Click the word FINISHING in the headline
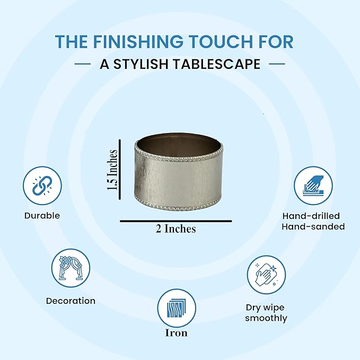(138, 41)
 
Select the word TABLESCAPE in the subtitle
(217, 64)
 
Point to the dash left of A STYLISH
(83, 64)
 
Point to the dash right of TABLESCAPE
(277, 64)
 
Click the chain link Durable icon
(42, 186)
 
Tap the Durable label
(42, 216)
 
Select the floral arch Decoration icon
(71, 268)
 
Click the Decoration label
(71, 301)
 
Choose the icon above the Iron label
(177, 308)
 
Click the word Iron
(177, 333)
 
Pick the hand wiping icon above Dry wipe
(266, 275)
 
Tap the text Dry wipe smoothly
(266, 313)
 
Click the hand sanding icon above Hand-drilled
(313, 186)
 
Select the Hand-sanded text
(313, 226)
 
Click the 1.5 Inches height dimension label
(112, 170)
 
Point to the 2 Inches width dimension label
(176, 229)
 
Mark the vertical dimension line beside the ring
(120, 170)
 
